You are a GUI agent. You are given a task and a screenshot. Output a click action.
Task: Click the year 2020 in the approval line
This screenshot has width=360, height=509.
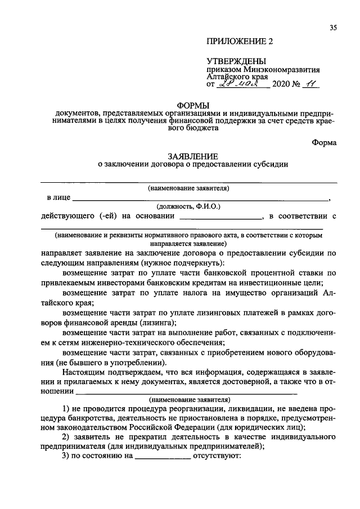click(281, 85)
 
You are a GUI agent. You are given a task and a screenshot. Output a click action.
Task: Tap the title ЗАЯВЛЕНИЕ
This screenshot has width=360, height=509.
click(192, 156)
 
